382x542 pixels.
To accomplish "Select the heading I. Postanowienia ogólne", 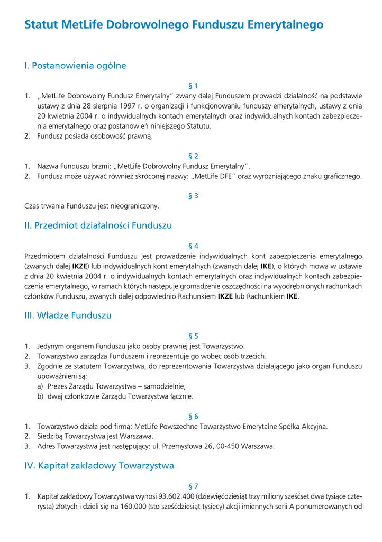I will (75, 66).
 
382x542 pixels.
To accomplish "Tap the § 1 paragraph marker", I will (193, 86).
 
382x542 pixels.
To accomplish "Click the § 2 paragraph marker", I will (193, 156).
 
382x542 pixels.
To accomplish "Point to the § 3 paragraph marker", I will (193, 196).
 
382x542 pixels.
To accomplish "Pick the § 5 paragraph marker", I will (193, 336).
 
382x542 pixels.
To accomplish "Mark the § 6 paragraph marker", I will (193, 416).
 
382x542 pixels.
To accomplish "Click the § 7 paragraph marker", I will (193, 486).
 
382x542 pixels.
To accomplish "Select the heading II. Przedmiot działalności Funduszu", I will (98, 225).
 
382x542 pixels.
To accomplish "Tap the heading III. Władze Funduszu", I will (68, 315).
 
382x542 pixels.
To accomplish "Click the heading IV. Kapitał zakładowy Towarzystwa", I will (99, 466).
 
